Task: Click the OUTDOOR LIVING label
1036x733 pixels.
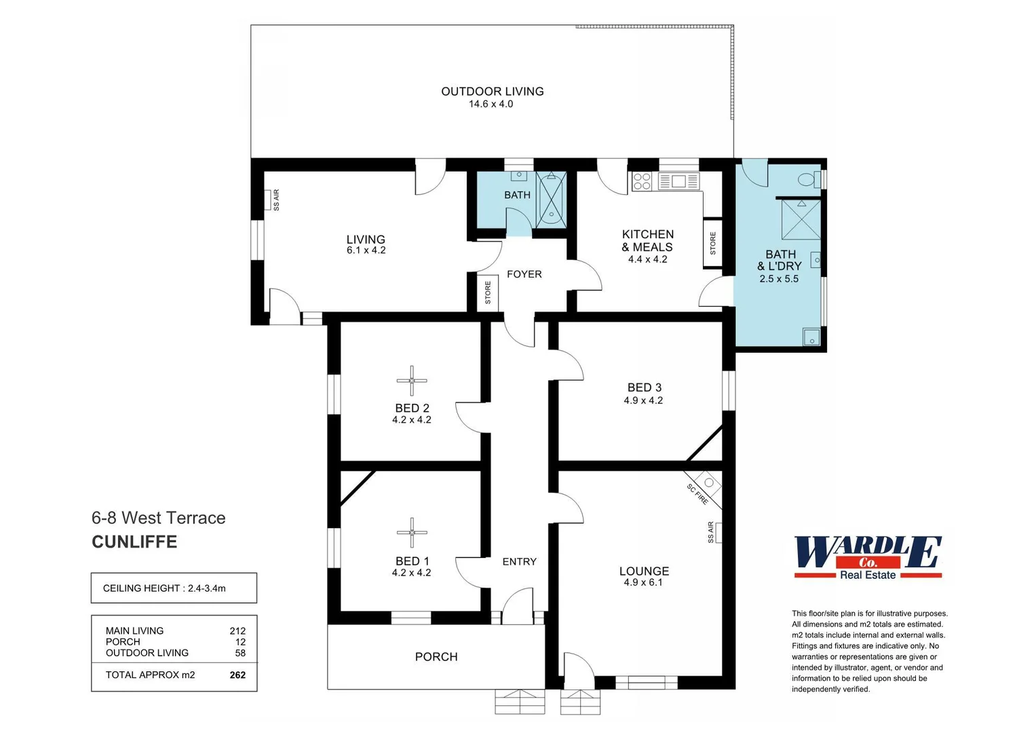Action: coord(492,91)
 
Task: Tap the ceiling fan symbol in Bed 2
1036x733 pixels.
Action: coord(412,381)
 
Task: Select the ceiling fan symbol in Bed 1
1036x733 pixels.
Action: coord(412,533)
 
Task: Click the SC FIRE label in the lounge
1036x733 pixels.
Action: coord(697,494)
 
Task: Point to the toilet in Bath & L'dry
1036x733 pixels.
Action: coord(807,180)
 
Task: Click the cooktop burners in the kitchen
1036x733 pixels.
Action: coord(641,181)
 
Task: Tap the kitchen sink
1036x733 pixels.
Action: coord(678,181)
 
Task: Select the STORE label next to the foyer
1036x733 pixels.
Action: coord(488,293)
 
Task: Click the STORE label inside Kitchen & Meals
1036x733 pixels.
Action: coord(712,243)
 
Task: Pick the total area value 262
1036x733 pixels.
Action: coord(237,675)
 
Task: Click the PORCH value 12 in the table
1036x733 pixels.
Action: coord(240,641)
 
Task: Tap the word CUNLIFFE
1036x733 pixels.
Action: coord(134,542)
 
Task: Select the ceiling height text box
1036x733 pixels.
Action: coord(174,588)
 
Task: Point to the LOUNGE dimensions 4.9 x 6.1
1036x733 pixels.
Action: coord(643,582)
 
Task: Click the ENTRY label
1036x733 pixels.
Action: coord(519,561)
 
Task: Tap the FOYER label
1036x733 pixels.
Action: coord(524,274)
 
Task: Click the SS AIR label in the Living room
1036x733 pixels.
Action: coord(276,200)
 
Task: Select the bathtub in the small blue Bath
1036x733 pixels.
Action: coord(551,200)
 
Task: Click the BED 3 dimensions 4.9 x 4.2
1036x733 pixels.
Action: coord(643,400)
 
